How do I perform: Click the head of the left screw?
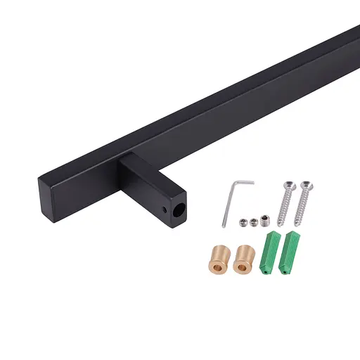tap(288, 184)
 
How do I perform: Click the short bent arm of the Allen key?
tap(244, 183)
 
